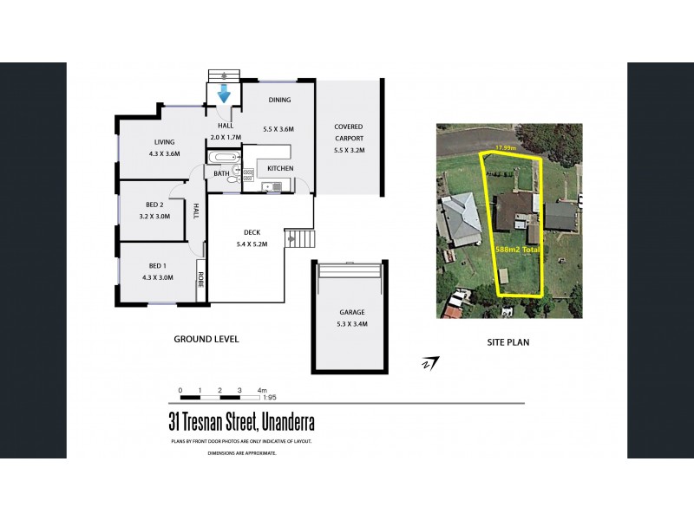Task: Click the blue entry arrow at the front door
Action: [224, 93]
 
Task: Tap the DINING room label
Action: [278, 101]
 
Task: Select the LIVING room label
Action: [165, 142]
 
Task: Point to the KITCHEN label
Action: [279, 167]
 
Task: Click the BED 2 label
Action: [155, 205]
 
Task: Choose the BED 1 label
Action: [157, 266]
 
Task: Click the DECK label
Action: [252, 232]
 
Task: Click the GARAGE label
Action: [351, 313]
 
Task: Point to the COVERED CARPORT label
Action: [349, 132]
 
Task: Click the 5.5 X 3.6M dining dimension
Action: [278, 129]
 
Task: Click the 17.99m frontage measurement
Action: [505, 148]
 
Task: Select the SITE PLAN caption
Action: [508, 342]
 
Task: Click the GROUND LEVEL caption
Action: [206, 339]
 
